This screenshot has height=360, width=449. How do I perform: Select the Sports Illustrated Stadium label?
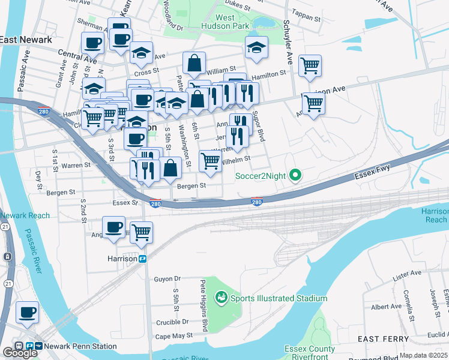point(276,298)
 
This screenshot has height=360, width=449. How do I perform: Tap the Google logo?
point(20,353)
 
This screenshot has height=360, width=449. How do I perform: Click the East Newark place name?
point(26,40)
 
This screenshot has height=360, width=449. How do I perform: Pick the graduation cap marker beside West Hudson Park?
point(256,47)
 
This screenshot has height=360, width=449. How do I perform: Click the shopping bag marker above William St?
point(194,62)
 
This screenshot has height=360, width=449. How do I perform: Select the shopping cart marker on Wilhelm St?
point(209,160)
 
